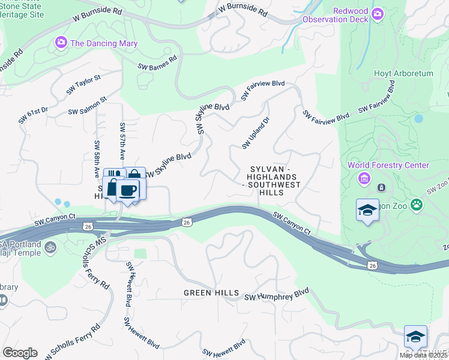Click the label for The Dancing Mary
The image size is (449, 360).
point(104,43)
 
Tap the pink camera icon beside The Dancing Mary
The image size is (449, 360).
point(61,43)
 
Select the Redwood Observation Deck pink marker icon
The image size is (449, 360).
point(378,14)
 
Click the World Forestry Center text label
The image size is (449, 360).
point(388,165)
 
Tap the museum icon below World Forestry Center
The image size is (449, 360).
point(364,178)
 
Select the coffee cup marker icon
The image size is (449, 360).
point(128,191)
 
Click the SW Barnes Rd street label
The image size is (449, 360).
point(157,62)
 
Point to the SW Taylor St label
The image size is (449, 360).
point(83,85)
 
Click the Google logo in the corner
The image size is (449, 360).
point(19,353)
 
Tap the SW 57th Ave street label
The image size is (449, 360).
point(122,142)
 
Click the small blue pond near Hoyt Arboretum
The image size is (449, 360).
point(418,118)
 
